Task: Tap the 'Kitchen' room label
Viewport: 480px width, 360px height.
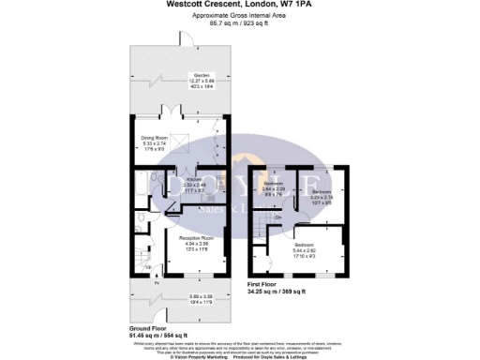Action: tap(193, 179)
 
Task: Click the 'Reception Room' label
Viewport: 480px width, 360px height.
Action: tap(196, 239)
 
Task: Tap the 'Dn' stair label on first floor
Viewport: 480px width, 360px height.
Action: tap(278, 217)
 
